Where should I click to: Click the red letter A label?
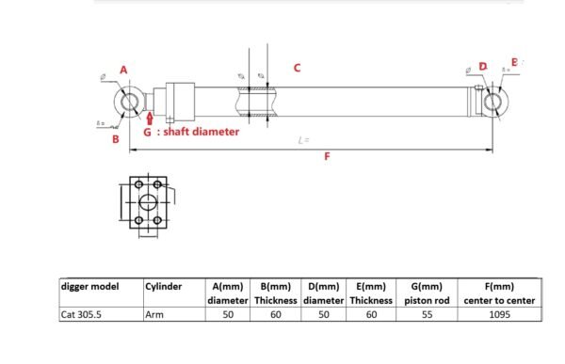click(x=123, y=70)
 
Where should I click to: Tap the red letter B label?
click(x=115, y=139)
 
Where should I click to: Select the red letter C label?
click(x=297, y=68)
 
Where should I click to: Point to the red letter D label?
click(x=483, y=66)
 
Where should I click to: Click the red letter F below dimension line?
click(x=327, y=157)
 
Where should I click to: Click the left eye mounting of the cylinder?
click(x=131, y=102)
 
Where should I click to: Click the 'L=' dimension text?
click(x=303, y=140)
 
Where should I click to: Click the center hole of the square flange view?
click(x=148, y=202)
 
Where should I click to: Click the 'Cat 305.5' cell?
click(x=80, y=315)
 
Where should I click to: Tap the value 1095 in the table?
click(x=498, y=315)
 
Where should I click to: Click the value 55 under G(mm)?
click(x=428, y=315)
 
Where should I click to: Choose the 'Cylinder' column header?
click(x=164, y=286)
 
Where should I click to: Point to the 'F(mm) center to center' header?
click(x=498, y=293)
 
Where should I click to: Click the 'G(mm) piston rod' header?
click(x=428, y=293)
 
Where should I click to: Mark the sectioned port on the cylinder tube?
click(x=257, y=101)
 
